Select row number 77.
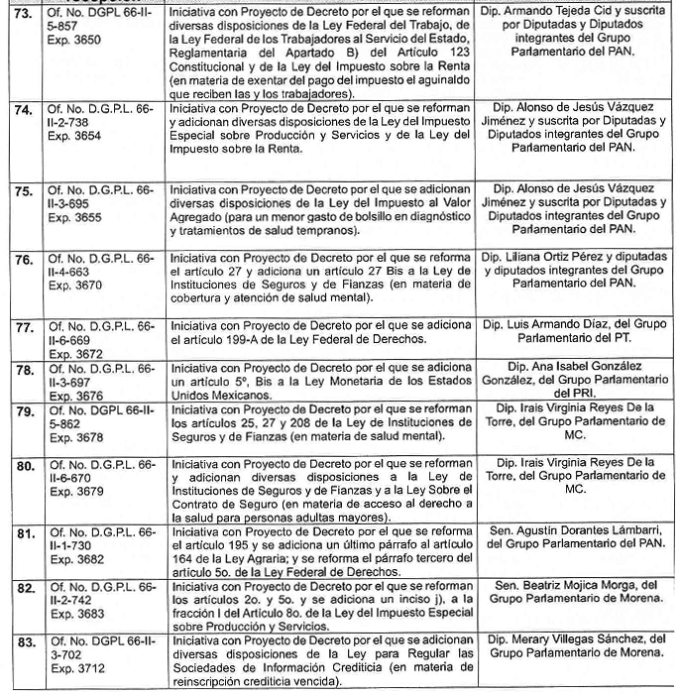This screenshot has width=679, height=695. (21, 326)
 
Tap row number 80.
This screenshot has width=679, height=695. (21, 462)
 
